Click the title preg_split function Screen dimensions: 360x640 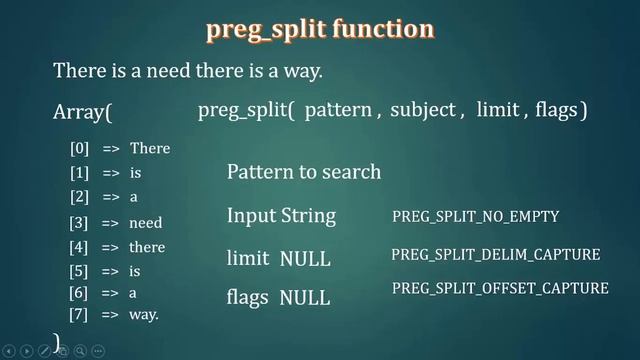tap(320, 28)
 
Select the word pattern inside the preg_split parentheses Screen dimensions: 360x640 tap(337, 111)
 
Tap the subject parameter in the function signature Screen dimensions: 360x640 tap(422, 111)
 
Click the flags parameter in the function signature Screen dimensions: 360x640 tap(556, 111)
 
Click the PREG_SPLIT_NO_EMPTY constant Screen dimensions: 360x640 tap(475, 216)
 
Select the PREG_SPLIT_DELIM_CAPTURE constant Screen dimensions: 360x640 tap(495, 255)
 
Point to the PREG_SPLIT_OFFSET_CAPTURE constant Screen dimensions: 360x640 tap(500, 288)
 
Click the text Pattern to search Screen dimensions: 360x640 tap(304, 172)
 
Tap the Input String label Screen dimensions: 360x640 tap(281, 216)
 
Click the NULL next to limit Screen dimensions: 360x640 tap(305, 259)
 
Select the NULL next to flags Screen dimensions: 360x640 tap(305, 298)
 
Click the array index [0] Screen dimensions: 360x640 tap(79, 149)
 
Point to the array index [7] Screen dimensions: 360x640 tap(79, 315)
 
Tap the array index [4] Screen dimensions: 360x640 tap(79, 247)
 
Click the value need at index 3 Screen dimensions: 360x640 tap(146, 223)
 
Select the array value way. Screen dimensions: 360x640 tap(145, 315)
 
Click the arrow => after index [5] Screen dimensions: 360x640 tap(110, 271)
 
